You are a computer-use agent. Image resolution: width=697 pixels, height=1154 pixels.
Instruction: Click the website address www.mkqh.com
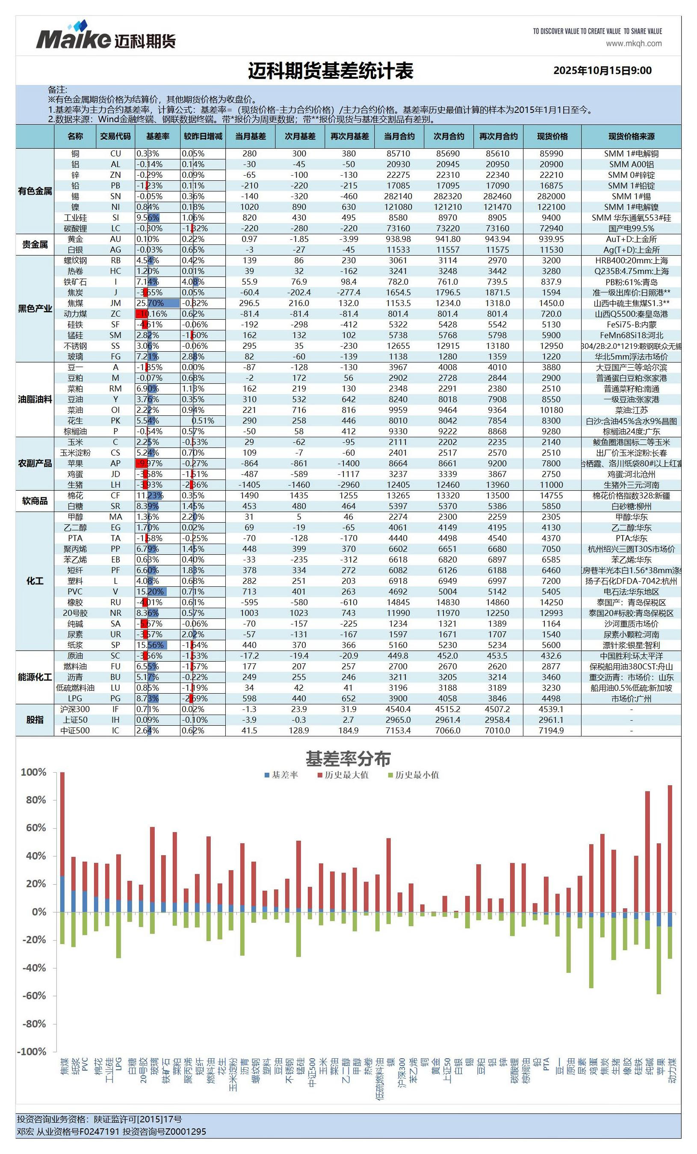click(x=633, y=44)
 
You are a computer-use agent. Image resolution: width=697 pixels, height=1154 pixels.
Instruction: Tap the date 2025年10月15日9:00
click(x=602, y=71)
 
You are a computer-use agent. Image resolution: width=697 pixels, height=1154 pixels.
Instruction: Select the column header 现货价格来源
click(x=631, y=136)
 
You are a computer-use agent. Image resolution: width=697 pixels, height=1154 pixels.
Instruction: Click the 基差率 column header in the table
click(x=157, y=136)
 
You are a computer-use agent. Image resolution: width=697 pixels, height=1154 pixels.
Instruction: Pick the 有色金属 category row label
click(x=35, y=191)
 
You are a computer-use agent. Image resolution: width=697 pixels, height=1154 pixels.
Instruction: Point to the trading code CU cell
click(x=115, y=153)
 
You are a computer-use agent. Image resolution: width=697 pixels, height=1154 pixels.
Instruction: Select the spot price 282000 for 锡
click(x=551, y=196)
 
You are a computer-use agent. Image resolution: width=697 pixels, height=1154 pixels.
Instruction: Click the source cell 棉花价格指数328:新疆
click(x=631, y=495)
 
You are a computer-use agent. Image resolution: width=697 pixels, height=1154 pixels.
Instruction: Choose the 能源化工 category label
click(x=35, y=677)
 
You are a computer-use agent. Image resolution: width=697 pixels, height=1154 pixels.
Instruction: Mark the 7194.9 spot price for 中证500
click(x=551, y=730)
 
